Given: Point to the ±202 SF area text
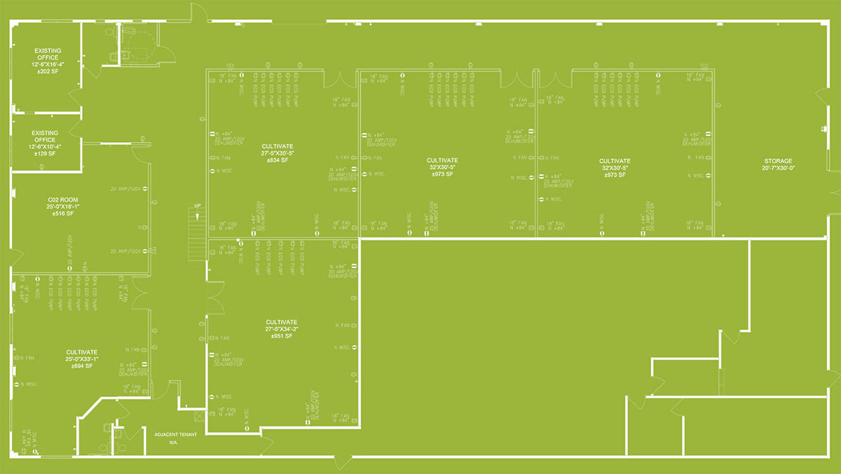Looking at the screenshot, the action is (48, 71).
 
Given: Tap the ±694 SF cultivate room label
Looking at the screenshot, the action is (82, 366).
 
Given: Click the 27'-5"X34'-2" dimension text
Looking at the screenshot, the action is (282, 329).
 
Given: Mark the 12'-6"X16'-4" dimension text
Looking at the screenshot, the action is (48, 64).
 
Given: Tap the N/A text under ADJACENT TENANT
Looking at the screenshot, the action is (173, 442).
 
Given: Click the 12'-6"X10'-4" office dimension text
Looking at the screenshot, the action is (46, 146).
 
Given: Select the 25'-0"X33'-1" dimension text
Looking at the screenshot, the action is (82, 359).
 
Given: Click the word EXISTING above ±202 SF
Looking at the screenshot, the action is (48, 51).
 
